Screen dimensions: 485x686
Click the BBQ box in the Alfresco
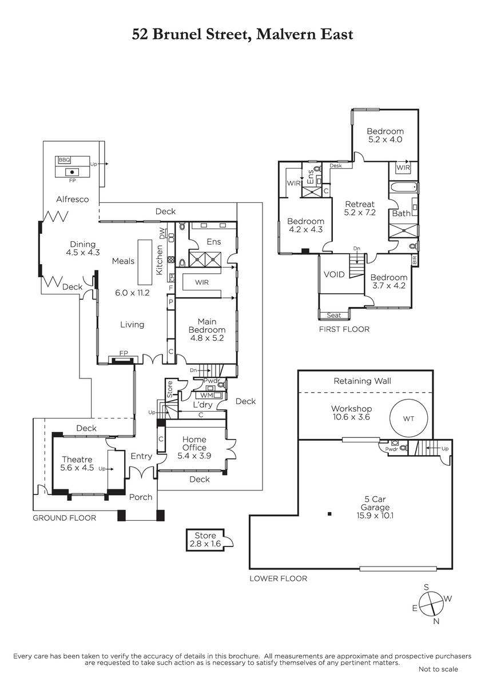64,160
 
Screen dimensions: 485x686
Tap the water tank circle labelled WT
408,418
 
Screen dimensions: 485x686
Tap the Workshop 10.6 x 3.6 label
351,413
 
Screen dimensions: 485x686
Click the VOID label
334,274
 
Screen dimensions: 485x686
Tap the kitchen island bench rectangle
145,262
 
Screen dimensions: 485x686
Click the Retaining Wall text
362,381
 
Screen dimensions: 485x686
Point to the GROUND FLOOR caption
64,518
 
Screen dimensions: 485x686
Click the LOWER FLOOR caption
278,579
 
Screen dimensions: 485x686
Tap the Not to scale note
438,669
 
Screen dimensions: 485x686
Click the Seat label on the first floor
333,315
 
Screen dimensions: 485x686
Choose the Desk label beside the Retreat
336,166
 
